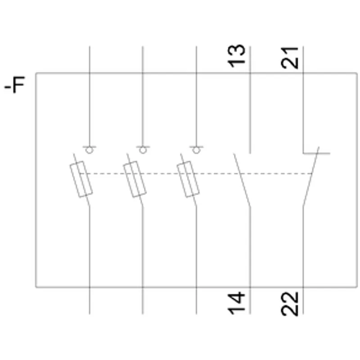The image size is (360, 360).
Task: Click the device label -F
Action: pos(15,84)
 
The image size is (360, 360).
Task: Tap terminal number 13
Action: pos(236,56)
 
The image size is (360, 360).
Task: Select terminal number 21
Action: pos(289,58)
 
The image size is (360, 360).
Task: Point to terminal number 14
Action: pos(236,303)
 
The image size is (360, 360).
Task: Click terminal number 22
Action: pos(289,304)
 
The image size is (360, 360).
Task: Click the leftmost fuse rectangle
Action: pos(81,179)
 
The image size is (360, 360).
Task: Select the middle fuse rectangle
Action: pos(135,179)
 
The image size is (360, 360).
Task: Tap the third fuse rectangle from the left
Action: pos(188,179)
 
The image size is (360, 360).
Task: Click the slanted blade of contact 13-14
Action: pos(242,180)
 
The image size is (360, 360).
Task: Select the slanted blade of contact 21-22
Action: pos(311,176)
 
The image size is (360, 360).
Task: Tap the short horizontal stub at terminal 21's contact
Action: pos(317,153)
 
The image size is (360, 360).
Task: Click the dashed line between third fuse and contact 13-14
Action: pos(218,174)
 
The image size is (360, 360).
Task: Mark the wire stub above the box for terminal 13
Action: pos(250,60)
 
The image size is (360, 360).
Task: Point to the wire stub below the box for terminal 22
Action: pos(303,301)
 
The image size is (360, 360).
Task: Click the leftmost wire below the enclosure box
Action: pos(90,301)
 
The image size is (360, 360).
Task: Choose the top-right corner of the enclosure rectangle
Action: pos(357,73)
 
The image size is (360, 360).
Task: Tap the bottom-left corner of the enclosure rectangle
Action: pos(36,287)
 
